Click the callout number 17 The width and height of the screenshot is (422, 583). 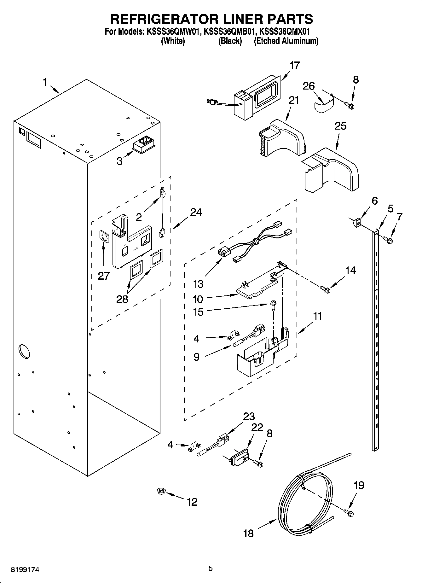[294, 66]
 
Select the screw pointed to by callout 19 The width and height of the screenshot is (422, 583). [349, 513]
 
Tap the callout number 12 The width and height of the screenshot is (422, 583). [192, 502]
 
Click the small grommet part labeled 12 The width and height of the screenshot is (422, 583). [162, 491]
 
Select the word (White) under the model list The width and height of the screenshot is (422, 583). [173, 41]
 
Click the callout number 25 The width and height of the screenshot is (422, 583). [340, 126]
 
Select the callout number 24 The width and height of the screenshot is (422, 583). [196, 212]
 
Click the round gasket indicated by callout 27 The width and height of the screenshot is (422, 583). [103, 236]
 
